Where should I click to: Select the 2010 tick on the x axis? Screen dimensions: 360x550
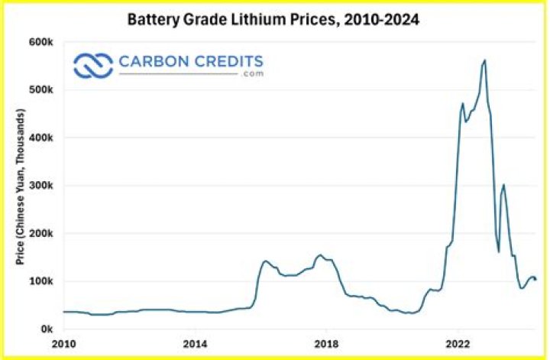pyautogui.click(x=63, y=342)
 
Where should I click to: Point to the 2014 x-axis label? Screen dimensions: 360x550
pyautogui.click(x=196, y=342)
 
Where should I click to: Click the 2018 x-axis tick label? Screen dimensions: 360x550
pyautogui.click(x=327, y=342)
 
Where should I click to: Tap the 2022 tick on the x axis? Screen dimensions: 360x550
pyautogui.click(x=458, y=342)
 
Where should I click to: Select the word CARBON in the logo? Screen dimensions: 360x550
pyautogui.click(x=151, y=61)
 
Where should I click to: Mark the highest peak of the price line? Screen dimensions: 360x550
pyautogui.click(x=484, y=60)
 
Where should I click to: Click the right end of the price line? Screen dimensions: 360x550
pyautogui.click(x=535, y=279)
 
